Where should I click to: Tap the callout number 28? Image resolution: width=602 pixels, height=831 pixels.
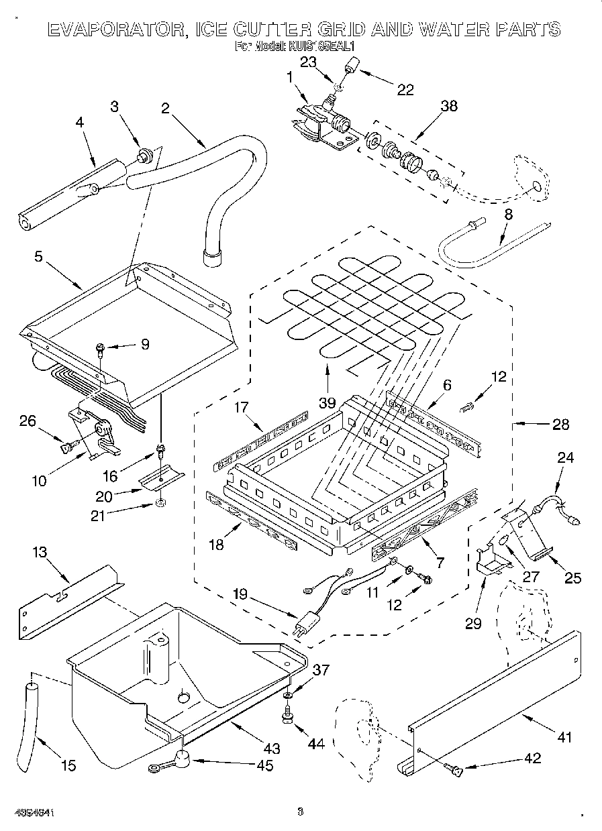(x=561, y=424)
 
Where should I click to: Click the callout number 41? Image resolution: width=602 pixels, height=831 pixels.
(x=564, y=737)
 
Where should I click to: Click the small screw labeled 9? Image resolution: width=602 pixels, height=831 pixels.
(x=100, y=347)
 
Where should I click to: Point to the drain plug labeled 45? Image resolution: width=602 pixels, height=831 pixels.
(x=179, y=760)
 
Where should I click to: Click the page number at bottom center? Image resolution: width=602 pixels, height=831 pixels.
(x=300, y=812)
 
